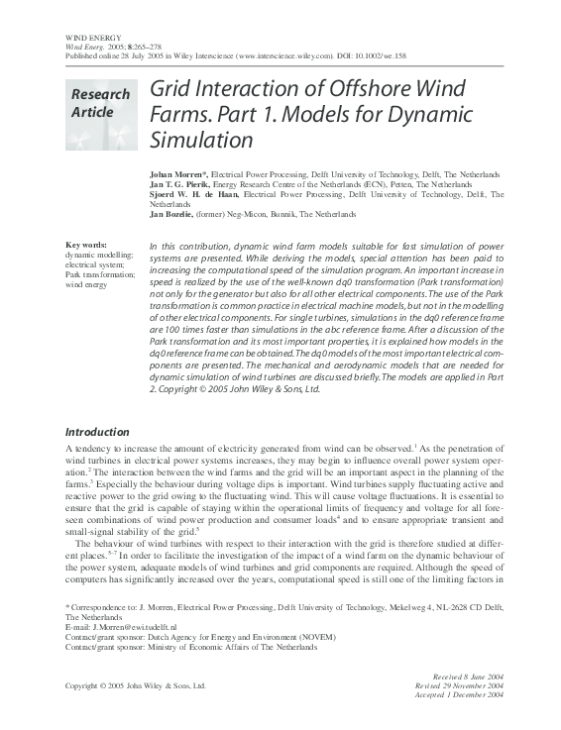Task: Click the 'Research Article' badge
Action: click(99, 103)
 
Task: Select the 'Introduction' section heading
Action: click(96, 432)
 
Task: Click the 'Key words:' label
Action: click(86, 245)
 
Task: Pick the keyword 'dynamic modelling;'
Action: click(92, 255)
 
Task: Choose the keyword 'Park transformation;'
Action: click(95, 274)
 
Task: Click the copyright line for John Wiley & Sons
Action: click(135, 685)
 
